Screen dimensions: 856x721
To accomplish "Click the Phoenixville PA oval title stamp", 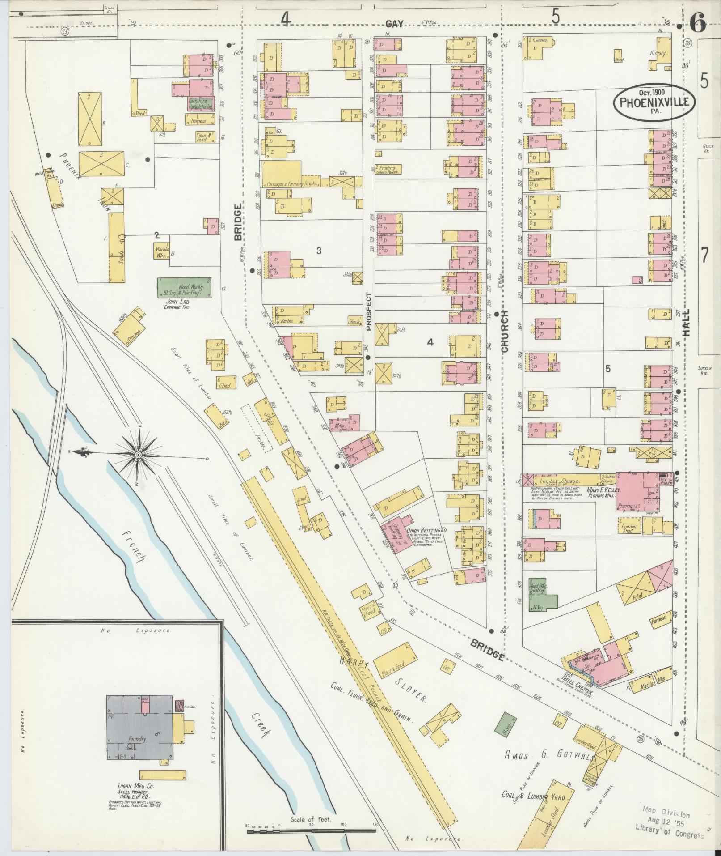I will [x=654, y=102].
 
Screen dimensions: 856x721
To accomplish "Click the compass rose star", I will [x=139, y=455].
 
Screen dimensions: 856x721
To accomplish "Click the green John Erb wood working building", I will [x=184, y=288].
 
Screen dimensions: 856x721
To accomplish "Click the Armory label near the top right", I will [x=658, y=53].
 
